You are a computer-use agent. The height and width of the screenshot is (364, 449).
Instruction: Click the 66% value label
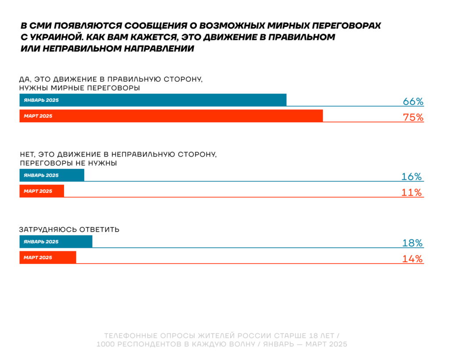tap(413, 102)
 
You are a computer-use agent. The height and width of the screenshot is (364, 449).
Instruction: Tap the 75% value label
tap(413, 118)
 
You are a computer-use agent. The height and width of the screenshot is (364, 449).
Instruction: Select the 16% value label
tap(412, 177)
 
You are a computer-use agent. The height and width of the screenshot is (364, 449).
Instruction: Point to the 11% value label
tap(412, 193)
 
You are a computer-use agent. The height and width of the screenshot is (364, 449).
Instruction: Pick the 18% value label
tap(413, 243)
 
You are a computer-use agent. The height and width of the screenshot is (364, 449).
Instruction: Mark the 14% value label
tap(413, 259)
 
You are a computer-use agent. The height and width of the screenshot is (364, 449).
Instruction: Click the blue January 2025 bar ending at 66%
tap(153, 100)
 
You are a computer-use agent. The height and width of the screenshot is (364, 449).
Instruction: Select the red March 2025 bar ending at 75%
tap(171, 116)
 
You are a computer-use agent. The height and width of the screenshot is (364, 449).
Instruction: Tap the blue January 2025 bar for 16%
tap(52, 175)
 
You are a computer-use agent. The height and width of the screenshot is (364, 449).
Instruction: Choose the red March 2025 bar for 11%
tap(42, 191)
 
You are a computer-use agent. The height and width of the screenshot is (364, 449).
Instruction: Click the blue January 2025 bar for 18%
tap(56, 242)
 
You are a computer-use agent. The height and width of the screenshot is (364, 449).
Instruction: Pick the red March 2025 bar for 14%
tap(48, 257)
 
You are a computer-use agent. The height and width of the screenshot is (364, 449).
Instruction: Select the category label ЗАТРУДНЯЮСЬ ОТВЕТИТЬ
tap(69, 229)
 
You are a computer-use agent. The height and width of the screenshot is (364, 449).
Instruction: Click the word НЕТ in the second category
tap(27, 154)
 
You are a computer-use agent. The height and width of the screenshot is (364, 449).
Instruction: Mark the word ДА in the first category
tap(25, 79)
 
